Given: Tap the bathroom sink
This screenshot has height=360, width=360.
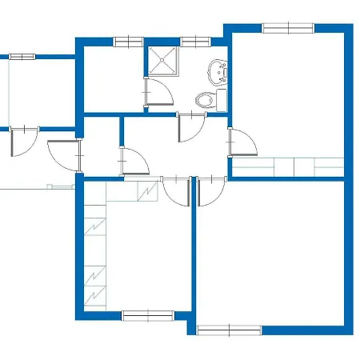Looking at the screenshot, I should pyautogui.click(x=217, y=72).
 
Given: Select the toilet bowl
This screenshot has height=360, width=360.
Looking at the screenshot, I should pyautogui.click(x=206, y=100).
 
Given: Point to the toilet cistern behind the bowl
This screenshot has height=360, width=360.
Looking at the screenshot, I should pyautogui.click(x=221, y=99).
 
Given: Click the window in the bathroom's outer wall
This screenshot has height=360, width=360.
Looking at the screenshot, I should pyautogui.click(x=194, y=41).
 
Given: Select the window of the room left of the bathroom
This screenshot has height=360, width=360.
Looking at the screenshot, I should pyautogui.click(x=127, y=41).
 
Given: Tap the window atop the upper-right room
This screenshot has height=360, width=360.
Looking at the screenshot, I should pyautogui.click(x=288, y=28).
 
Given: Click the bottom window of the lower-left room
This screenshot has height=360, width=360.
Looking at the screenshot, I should pyautogui.click(x=147, y=315).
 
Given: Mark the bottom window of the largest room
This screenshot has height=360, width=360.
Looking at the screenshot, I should pyautogui.click(x=229, y=329).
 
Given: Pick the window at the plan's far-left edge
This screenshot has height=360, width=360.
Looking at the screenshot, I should pyautogui.click(x=22, y=57).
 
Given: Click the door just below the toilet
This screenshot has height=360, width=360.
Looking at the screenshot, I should pyautogui.click(x=190, y=127).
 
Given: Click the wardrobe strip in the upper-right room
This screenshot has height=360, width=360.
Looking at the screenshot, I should pyautogui.click(x=288, y=167).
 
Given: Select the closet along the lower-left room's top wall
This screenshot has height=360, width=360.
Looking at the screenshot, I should pyautogui.click(x=132, y=192).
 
